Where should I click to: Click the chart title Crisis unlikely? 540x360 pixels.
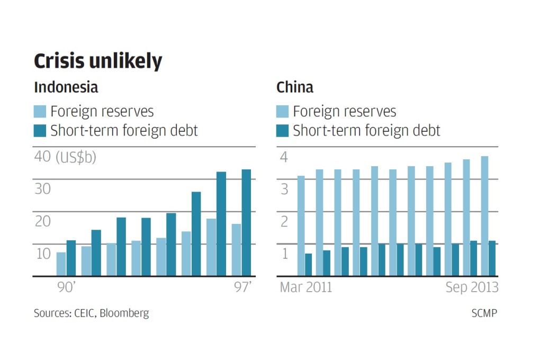click(x=97, y=62)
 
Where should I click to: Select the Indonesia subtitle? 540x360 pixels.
click(x=66, y=87)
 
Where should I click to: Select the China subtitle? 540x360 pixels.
click(x=295, y=87)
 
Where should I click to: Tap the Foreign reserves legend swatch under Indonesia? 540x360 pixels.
click(x=40, y=112)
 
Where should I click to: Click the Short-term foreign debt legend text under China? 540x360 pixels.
click(x=366, y=130)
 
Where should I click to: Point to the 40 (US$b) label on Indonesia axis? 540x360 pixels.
click(x=66, y=157)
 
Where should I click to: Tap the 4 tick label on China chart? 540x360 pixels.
click(x=284, y=157)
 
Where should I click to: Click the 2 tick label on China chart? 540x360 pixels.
click(x=284, y=221)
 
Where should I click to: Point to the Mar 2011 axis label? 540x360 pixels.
click(x=305, y=287)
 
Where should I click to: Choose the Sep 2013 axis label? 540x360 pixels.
click(x=472, y=287)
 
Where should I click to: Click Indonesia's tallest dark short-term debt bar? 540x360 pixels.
click(x=246, y=222)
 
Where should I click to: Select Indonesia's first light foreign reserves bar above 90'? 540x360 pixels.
click(x=61, y=264)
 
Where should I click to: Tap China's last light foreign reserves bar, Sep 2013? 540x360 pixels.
click(x=484, y=216)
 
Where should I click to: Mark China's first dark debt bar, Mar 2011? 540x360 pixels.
click(x=308, y=265)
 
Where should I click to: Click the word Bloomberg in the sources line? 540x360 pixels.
click(x=127, y=313)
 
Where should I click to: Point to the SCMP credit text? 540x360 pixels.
click(x=484, y=313)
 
